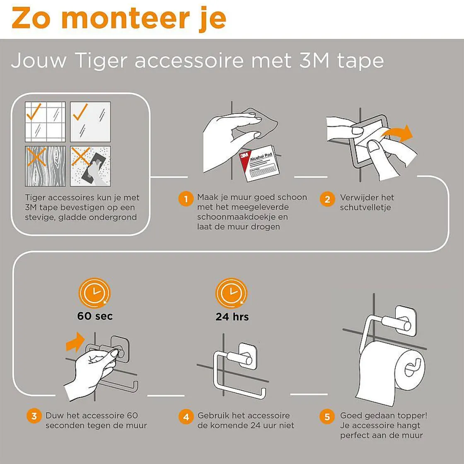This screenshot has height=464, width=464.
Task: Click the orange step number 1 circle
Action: tap(186, 199)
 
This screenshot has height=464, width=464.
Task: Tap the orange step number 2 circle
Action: tap(327, 199)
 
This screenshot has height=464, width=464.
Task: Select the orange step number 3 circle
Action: tap(34, 416)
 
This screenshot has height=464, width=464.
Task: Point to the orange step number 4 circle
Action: tap(186, 416)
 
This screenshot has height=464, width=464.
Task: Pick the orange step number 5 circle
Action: tap(327, 416)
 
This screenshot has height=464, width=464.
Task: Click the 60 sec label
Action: tap(95, 316)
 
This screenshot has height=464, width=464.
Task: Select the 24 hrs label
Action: tap(232, 317)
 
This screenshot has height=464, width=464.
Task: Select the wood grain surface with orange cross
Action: tap(45, 166)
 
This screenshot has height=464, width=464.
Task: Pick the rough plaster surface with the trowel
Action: tap(90, 166)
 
